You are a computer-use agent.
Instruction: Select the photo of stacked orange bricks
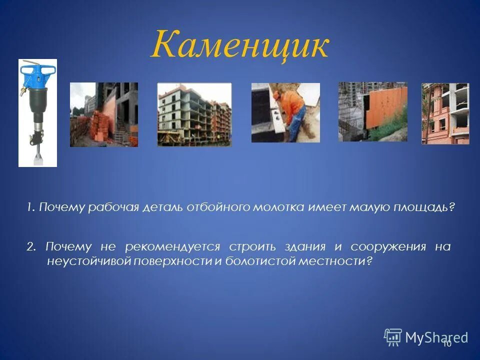pos(103,114)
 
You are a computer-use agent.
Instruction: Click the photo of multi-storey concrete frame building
pos(194,114)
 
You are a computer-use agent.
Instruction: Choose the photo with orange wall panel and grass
pos(372,111)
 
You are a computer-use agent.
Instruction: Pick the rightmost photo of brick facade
pos(445,113)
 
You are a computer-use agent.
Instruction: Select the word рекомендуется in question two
pos(172,247)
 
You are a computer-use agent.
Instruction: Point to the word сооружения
pos(388,247)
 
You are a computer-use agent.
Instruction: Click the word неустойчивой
pos(88,261)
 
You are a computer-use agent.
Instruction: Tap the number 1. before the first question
pos(31,207)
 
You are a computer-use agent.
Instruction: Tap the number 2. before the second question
pos(31,247)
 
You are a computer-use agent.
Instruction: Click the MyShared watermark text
pos(436,337)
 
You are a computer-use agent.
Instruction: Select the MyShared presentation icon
pos(393,337)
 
